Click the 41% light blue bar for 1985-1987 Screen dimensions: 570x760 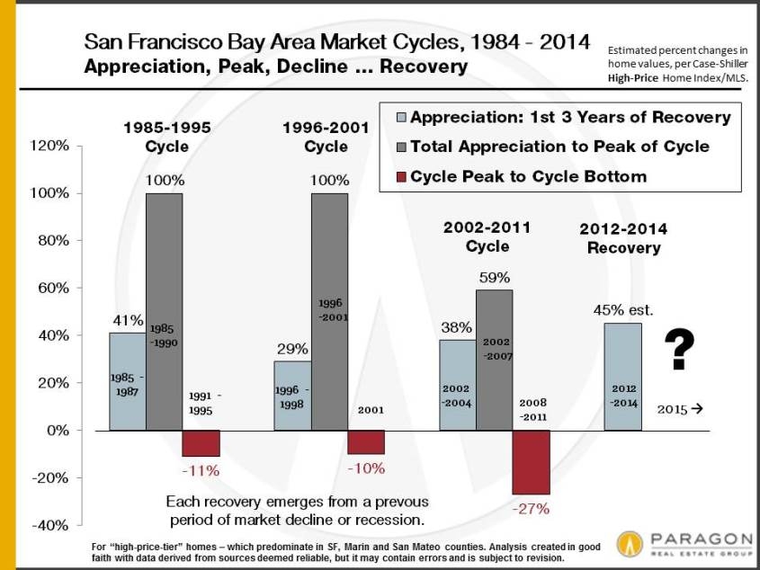pyautogui.click(x=127, y=381)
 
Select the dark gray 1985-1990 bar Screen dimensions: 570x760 pyautogui.click(x=165, y=311)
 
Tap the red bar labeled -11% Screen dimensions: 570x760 pyautogui.click(x=201, y=442)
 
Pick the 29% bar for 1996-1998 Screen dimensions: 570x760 pyautogui.click(x=292, y=396)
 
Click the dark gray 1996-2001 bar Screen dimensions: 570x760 pyautogui.click(x=329, y=311)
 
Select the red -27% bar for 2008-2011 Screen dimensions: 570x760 pyautogui.click(x=532, y=461)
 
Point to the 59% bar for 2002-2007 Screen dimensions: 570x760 pyautogui.click(x=495, y=360)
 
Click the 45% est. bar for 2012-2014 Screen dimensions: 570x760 pyautogui.click(x=622, y=377)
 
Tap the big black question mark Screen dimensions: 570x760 pyautogui.click(x=682, y=350)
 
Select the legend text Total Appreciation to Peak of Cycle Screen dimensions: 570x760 pyautogui.click(x=559, y=147)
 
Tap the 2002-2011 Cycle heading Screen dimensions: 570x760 pyautogui.click(x=487, y=236)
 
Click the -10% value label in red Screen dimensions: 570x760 pyautogui.click(x=365, y=468)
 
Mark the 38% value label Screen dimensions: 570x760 pyautogui.click(x=456, y=328)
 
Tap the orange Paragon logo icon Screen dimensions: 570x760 pyautogui.click(x=630, y=543)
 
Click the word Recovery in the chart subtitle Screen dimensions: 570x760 pyautogui.click(x=424, y=67)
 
